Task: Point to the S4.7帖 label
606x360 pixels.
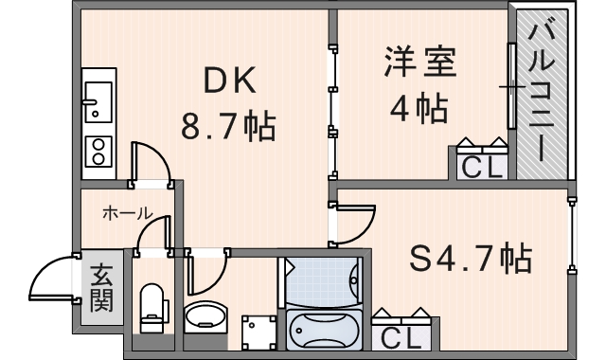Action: click(470, 256)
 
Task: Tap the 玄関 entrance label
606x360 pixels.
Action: click(101, 290)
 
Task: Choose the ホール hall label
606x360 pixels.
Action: click(128, 214)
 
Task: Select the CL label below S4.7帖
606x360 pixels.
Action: click(404, 337)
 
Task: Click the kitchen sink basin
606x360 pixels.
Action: click(96, 99)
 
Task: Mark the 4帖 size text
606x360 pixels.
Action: click(419, 108)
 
